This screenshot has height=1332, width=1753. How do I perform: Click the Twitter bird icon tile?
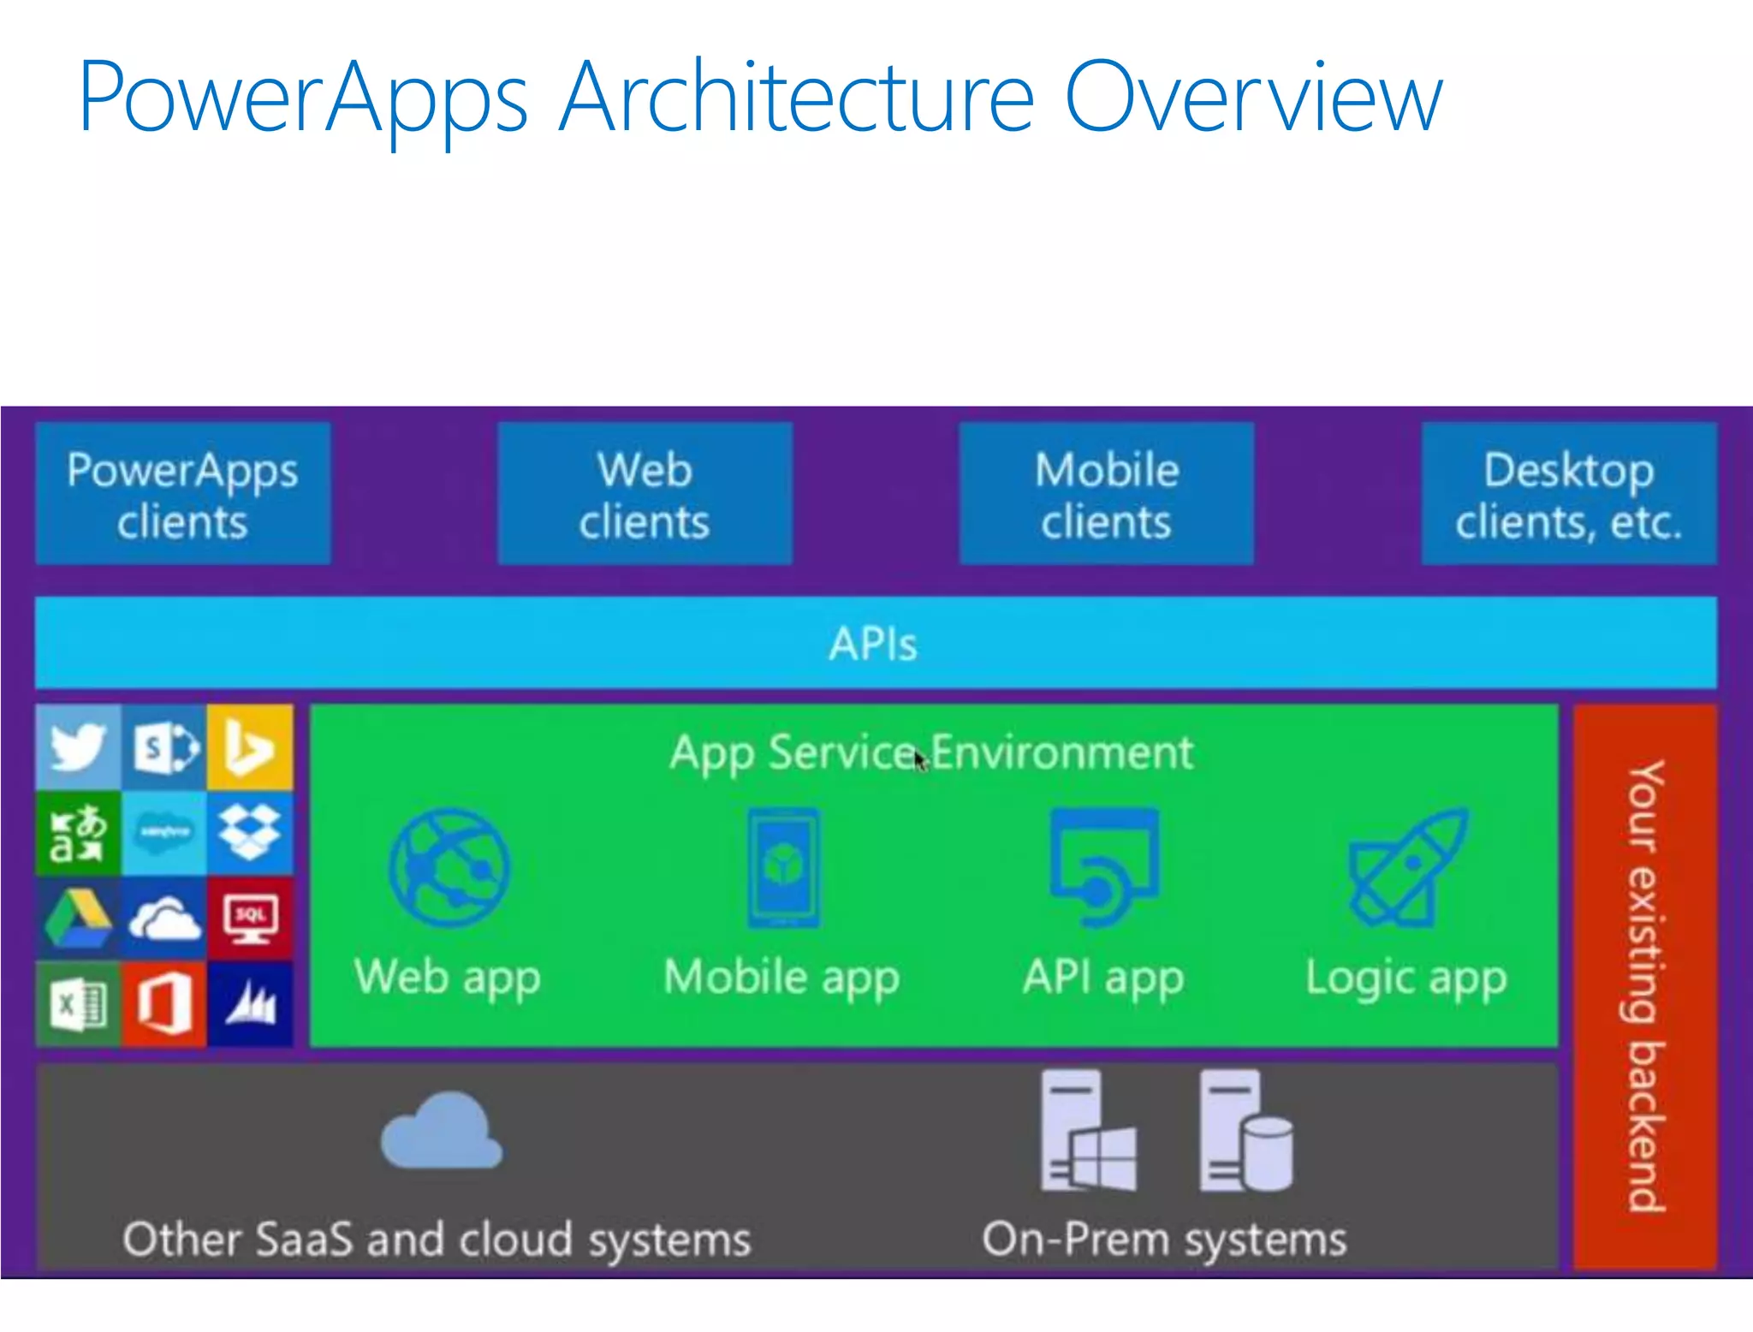[78, 747]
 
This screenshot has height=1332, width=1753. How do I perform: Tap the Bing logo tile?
[249, 747]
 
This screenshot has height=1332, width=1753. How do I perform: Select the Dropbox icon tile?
[249, 832]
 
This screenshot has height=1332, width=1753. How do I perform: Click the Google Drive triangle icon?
[78, 918]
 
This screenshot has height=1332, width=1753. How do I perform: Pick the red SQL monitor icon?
[249, 918]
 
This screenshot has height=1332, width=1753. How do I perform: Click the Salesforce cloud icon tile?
[163, 832]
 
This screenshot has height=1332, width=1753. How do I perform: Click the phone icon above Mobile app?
[782, 867]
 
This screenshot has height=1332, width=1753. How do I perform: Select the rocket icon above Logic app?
[1406, 867]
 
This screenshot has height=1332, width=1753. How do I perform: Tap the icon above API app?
[1104, 867]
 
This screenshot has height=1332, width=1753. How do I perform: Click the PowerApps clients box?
[182, 494]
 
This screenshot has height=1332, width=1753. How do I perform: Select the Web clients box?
[645, 494]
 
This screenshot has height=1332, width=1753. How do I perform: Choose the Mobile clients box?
[1107, 494]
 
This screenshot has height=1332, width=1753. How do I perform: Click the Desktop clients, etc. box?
[1569, 494]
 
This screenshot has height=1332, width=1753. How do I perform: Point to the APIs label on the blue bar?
[873, 644]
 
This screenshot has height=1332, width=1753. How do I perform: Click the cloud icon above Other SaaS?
[442, 1132]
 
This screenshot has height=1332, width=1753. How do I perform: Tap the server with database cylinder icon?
[1245, 1132]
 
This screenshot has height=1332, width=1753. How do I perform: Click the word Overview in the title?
[1253, 98]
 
